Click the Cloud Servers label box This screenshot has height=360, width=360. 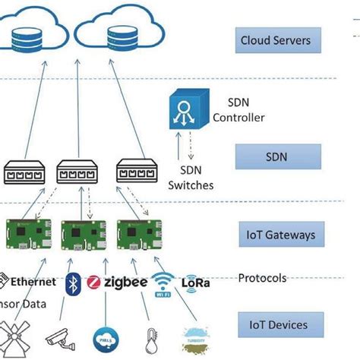(275, 39)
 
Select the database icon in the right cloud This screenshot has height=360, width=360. (122, 37)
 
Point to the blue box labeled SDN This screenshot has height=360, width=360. (276, 157)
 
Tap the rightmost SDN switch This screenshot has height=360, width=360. (136, 171)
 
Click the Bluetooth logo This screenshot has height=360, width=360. (74, 282)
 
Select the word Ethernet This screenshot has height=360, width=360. (33, 282)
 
